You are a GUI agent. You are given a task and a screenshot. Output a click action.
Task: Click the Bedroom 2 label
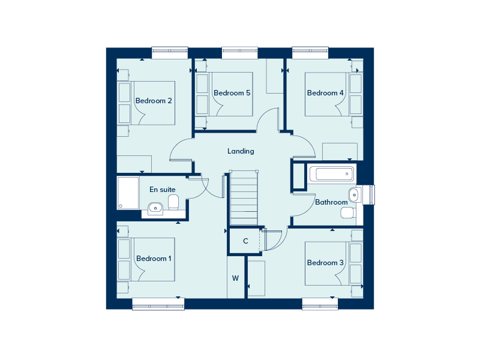pyautogui.click(x=154, y=101)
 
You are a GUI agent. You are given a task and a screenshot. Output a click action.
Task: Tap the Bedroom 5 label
pyautogui.click(x=232, y=93)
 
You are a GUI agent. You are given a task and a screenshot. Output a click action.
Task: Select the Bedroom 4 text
pyautogui.click(x=325, y=93)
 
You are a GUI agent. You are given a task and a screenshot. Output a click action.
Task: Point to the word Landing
pyautogui.click(x=241, y=151)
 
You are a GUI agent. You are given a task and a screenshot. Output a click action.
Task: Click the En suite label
pyautogui.click(x=162, y=190)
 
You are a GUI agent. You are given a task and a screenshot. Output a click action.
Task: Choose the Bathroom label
pyautogui.click(x=331, y=202)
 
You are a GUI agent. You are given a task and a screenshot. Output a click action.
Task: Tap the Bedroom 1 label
pyautogui.click(x=154, y=259)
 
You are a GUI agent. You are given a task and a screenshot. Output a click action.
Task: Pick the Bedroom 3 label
pyautogui.click(x=325, y=263)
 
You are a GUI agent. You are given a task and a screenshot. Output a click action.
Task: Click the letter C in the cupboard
pyautogui.click(x=245, y=241)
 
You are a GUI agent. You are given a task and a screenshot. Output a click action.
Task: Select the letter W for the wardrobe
pyautogui.click(x=236, y=278)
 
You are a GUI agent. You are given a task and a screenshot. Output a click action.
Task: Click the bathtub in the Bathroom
pyautogui.click(x=331, y=175)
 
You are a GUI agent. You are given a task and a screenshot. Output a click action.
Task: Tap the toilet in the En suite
pyautogui.click(x=173, y=202)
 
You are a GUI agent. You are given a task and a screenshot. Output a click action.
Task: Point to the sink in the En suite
pyautogui.click(x=155, y=208)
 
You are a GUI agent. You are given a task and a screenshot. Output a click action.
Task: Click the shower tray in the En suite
pyautogui.click(x=128, y=193)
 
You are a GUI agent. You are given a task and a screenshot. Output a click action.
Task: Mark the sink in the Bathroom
pyautogui.click(x=354, y=194)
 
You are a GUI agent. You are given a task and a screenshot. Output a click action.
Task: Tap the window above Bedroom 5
pyautogui.click(x=240, y=53)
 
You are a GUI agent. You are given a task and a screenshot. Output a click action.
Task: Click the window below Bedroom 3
pyautogui.click(x=320, y=304)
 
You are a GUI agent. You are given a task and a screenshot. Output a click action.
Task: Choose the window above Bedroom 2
pyautogui.click(x=170, y=53)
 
